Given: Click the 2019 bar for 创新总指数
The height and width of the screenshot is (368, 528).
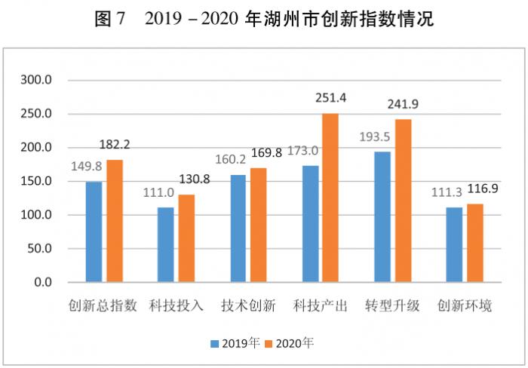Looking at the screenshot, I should pyautogui.click(x=94, y=232).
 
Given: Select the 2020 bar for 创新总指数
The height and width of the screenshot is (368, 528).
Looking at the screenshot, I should pyautogui.click(x=114, y=221).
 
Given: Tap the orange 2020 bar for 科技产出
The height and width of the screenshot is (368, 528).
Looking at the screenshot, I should pyautogui.click(x=330, y=198).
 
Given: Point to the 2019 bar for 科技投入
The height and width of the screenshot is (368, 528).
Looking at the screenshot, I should pyautogui.click(x=165, y=244).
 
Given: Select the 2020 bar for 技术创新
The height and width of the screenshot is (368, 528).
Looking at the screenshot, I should pyautogui.click(x=258, y=225).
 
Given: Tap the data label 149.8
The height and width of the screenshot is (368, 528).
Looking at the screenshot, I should pyautogui.click(x=87, y=166).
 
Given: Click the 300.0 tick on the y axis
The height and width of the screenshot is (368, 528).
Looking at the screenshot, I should pyautogui.click(x=37, y=80).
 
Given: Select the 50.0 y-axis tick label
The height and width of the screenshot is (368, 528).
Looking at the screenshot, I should pyautogui.click(x=39, y=248).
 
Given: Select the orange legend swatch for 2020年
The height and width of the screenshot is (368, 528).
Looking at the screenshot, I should pyautogui.click(x=270, y=343).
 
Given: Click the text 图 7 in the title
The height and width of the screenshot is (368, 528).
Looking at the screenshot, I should pyautogui.click(x=112, y=20).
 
